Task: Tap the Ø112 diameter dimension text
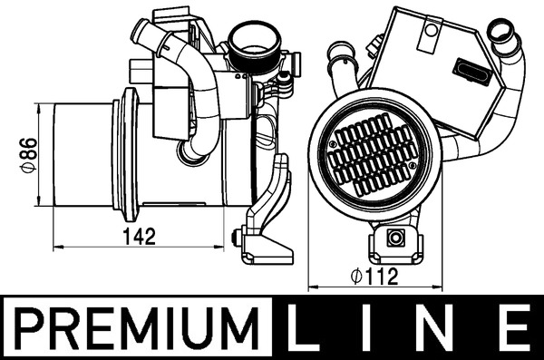point(374,278)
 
